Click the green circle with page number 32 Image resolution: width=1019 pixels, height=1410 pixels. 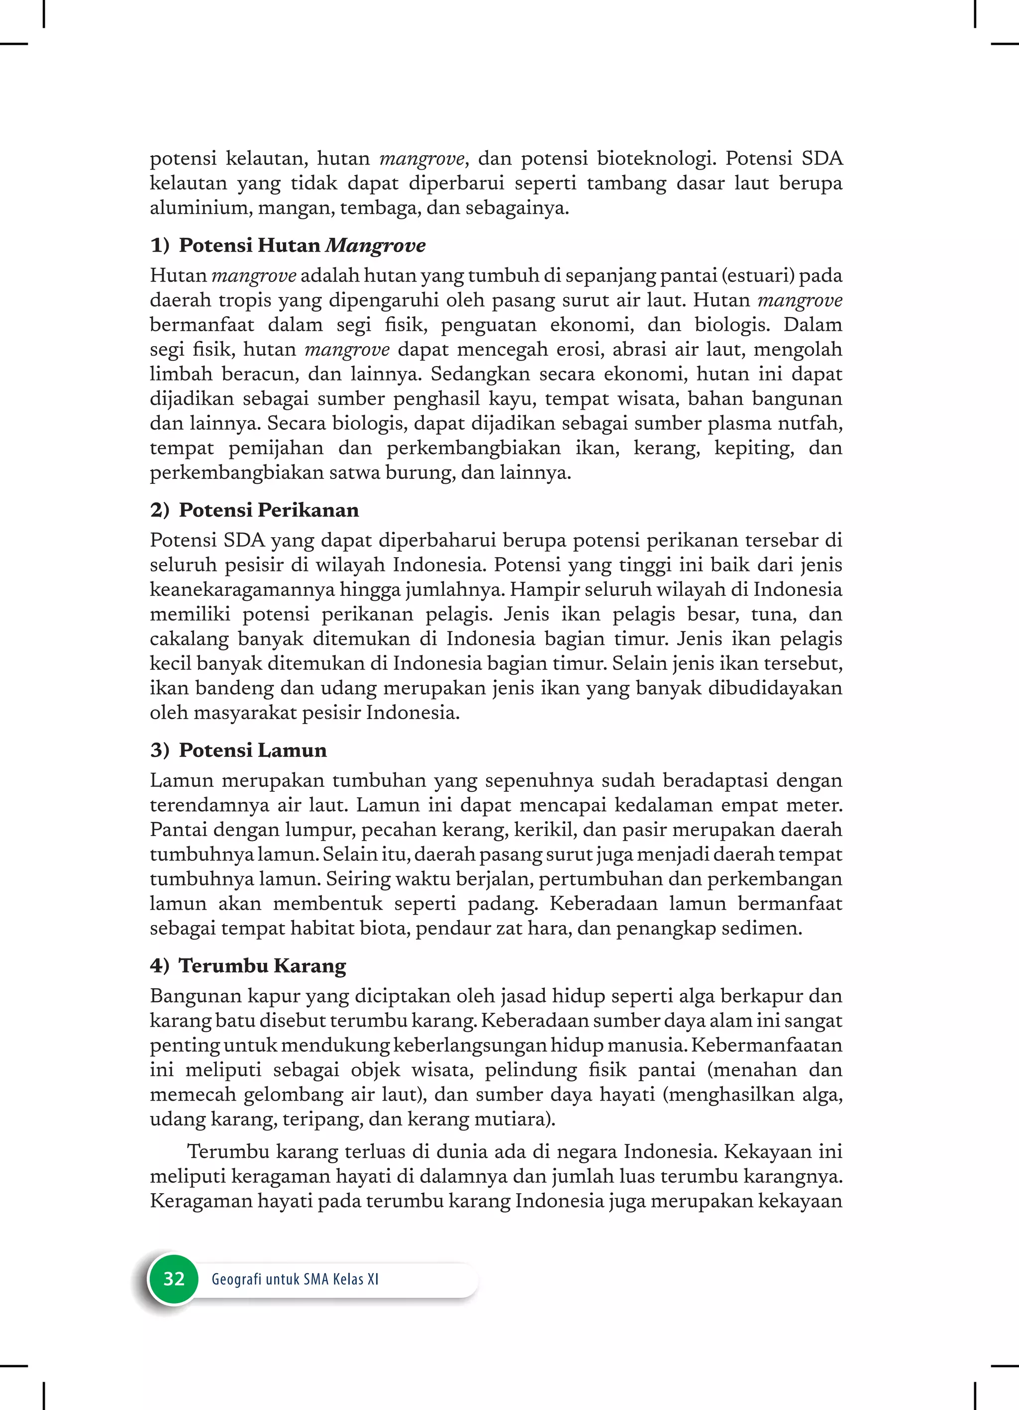[173, 1278]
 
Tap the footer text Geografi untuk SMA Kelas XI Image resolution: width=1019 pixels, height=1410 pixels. [295, 1279]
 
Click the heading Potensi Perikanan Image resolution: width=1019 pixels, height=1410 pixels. [269, 510]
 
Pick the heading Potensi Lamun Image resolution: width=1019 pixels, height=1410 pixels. [253, 750]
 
